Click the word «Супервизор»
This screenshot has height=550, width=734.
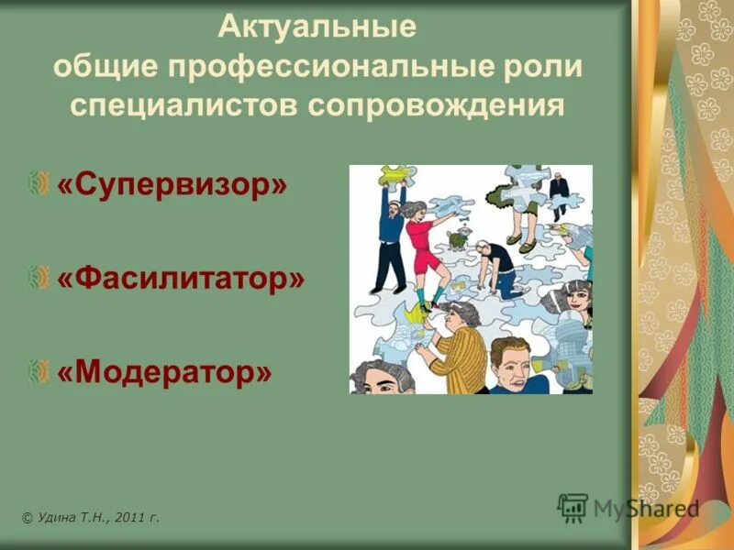(172, 185)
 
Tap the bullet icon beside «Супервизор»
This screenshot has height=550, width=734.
(39, 185)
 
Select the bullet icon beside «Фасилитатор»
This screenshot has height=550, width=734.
(39, 278)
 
